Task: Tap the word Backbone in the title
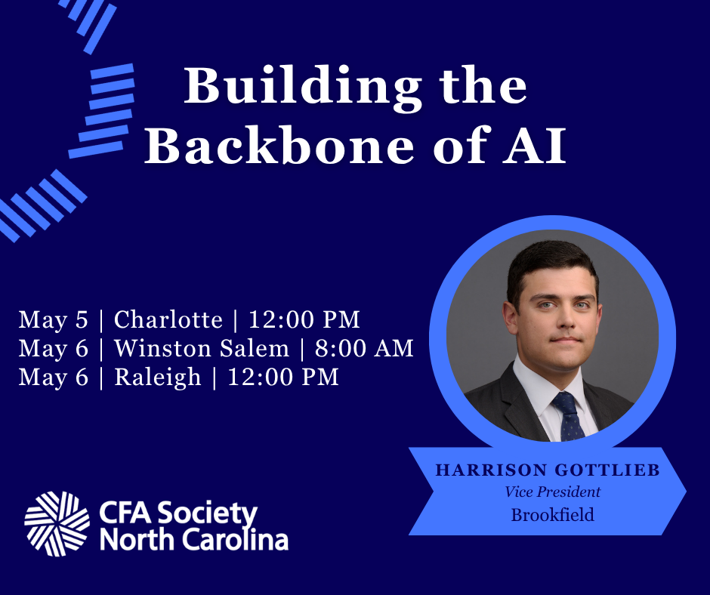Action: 279,145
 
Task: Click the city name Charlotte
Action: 168,319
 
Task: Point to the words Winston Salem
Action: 202,348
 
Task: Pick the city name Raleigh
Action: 157,378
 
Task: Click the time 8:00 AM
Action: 364,348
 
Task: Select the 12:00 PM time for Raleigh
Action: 283,378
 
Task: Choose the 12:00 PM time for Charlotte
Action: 304,319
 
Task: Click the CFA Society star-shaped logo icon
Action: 57,524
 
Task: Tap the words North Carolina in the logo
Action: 194,540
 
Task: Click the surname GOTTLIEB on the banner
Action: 607,470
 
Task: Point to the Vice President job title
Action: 552,492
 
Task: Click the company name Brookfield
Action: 552,515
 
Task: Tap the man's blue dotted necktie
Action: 568,417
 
